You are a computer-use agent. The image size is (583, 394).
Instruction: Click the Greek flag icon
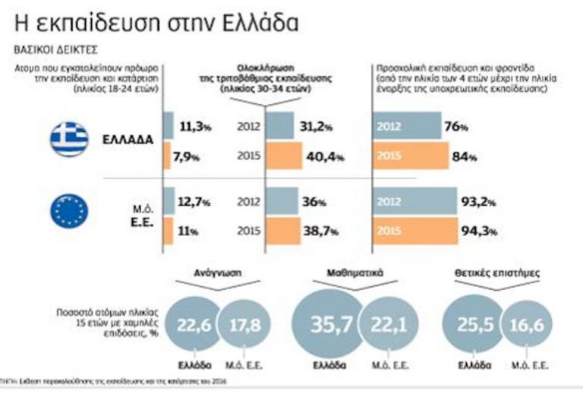click(x=70, y=140)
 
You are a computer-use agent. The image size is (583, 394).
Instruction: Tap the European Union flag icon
click(x=70, y=210)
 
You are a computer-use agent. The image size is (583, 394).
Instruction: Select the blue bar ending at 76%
click(x=406, y=126)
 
